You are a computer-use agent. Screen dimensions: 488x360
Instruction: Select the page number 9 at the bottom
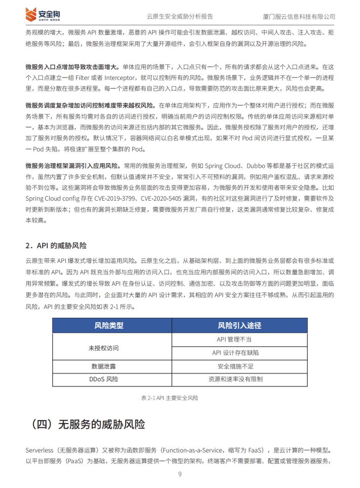coord(180,474)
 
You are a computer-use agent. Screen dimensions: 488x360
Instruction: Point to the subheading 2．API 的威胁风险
coord(56,246)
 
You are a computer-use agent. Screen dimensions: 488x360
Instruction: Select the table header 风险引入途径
coord(239,325)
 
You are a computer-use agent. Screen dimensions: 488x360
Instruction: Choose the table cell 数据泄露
coord(104,366)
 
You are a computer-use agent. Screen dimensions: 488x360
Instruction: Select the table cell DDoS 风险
coord(104,379)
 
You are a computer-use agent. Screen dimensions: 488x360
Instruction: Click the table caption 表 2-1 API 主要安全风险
coord(169,398)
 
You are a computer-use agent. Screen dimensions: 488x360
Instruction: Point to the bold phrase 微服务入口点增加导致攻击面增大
coord(71,66)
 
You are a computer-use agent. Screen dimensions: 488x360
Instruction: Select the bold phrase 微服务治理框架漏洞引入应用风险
coord(71,166)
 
